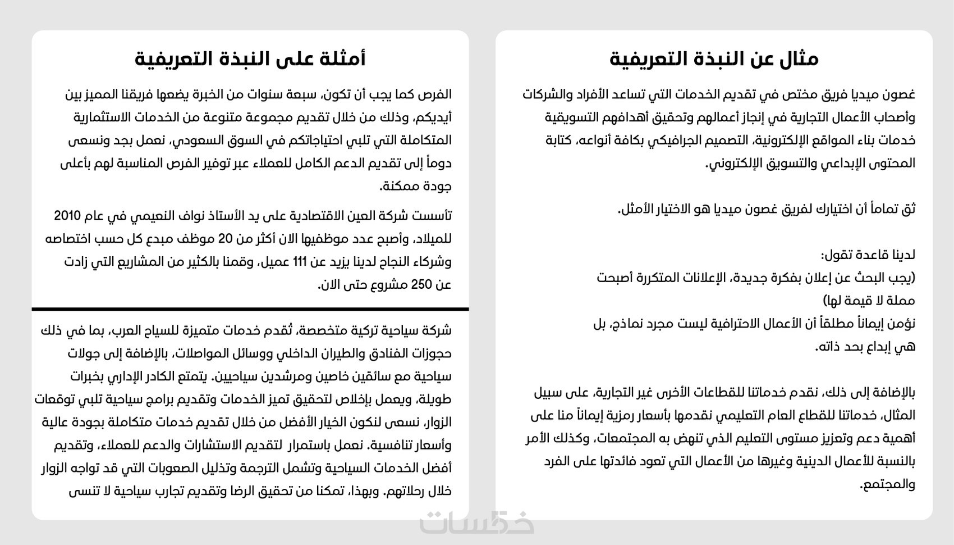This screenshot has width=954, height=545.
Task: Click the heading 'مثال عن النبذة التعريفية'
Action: click(x=714, y=59)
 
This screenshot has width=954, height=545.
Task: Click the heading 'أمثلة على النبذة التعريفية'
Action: click(x=250, y=59)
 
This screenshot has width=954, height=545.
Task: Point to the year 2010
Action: click(x=67, y=216)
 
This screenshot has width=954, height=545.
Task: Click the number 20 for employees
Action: click(x=224, y=239)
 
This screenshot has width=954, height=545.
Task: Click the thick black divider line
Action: click(x=250, y=308)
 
